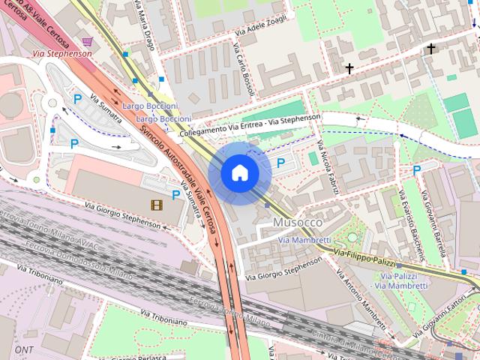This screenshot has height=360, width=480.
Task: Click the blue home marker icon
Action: [x=239, y=172]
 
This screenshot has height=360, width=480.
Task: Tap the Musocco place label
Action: [x=298, y=223]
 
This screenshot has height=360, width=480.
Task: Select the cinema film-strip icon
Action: [x=155, y=204]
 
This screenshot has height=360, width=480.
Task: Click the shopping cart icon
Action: [x=88, y=41]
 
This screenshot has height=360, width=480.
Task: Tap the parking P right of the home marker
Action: [x=281, y=162]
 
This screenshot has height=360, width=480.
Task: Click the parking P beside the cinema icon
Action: [x=175, y=195]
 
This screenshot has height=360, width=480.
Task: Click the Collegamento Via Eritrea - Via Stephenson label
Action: [x=250, y=124]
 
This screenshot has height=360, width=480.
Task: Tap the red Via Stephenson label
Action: [x=62, y=54]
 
